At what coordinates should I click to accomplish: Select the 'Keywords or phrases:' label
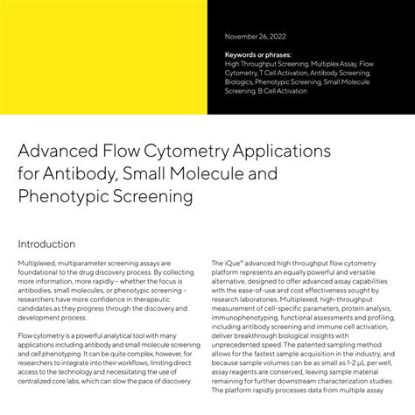pos(260,55)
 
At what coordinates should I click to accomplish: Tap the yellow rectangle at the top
pos(103,57)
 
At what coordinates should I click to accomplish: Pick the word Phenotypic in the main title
pos(61,197)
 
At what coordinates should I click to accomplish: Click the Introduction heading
pos(46,243)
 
